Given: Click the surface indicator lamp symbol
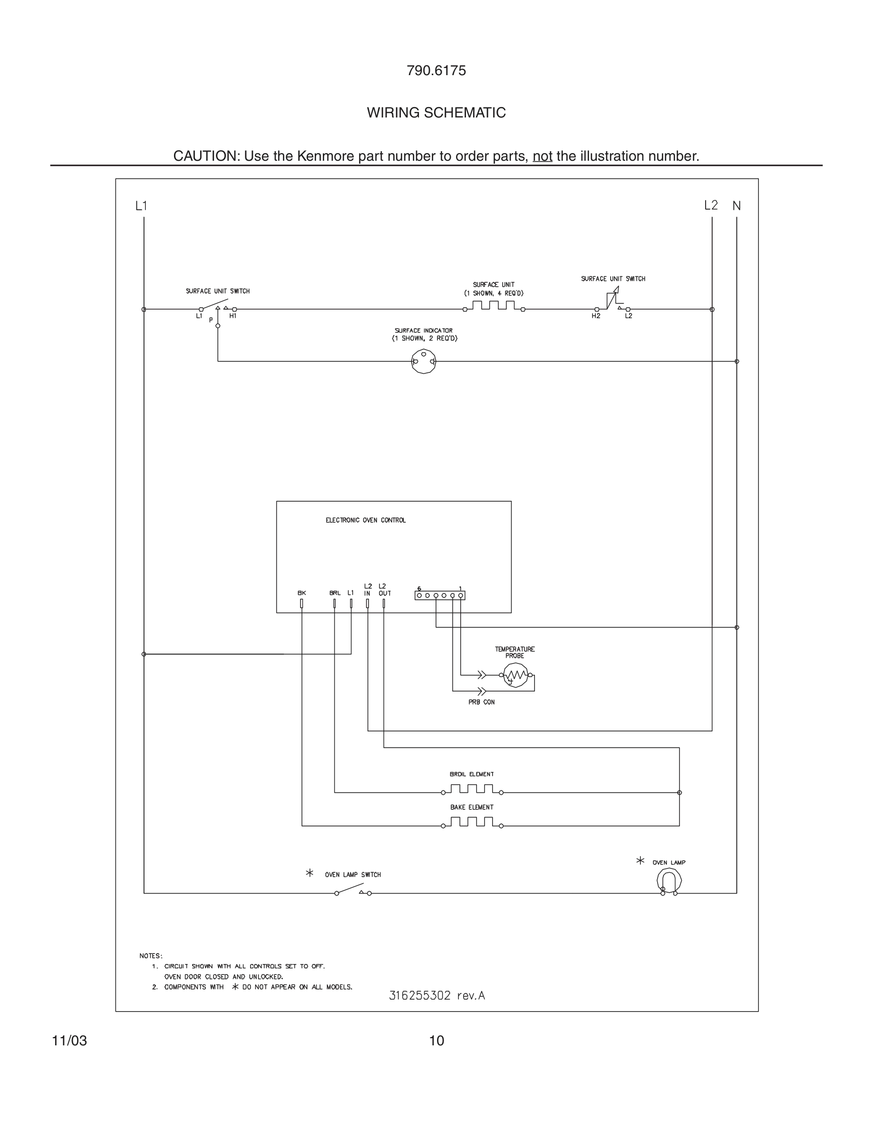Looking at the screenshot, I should pos(424,361).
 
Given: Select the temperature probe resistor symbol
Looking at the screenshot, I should pos(515,675).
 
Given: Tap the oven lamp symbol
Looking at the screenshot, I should pos(669,881).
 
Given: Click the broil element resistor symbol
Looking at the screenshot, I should pos(472,789).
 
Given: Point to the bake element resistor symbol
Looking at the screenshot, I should pos(472,823).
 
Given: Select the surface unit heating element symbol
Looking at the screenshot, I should pos(494,306).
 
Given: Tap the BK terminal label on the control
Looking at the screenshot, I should pos(301,593).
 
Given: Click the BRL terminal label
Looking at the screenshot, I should pos(335,593).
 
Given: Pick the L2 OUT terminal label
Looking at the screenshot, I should pos(384,590).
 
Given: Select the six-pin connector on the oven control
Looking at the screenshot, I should pos(440,595).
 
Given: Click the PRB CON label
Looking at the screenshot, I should pos(481,702).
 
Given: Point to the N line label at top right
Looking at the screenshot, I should pos(737,206).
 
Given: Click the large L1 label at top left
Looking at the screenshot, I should pos(141,206).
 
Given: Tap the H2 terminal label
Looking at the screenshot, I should pos(596,316).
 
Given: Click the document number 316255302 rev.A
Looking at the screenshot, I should pos(436,995).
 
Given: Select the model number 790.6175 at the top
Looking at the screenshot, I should pos(436,71).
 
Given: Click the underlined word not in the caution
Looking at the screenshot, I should pos(542,156).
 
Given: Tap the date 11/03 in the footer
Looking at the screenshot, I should pos(69,1041).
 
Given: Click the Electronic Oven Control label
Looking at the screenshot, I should pos(365,520).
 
